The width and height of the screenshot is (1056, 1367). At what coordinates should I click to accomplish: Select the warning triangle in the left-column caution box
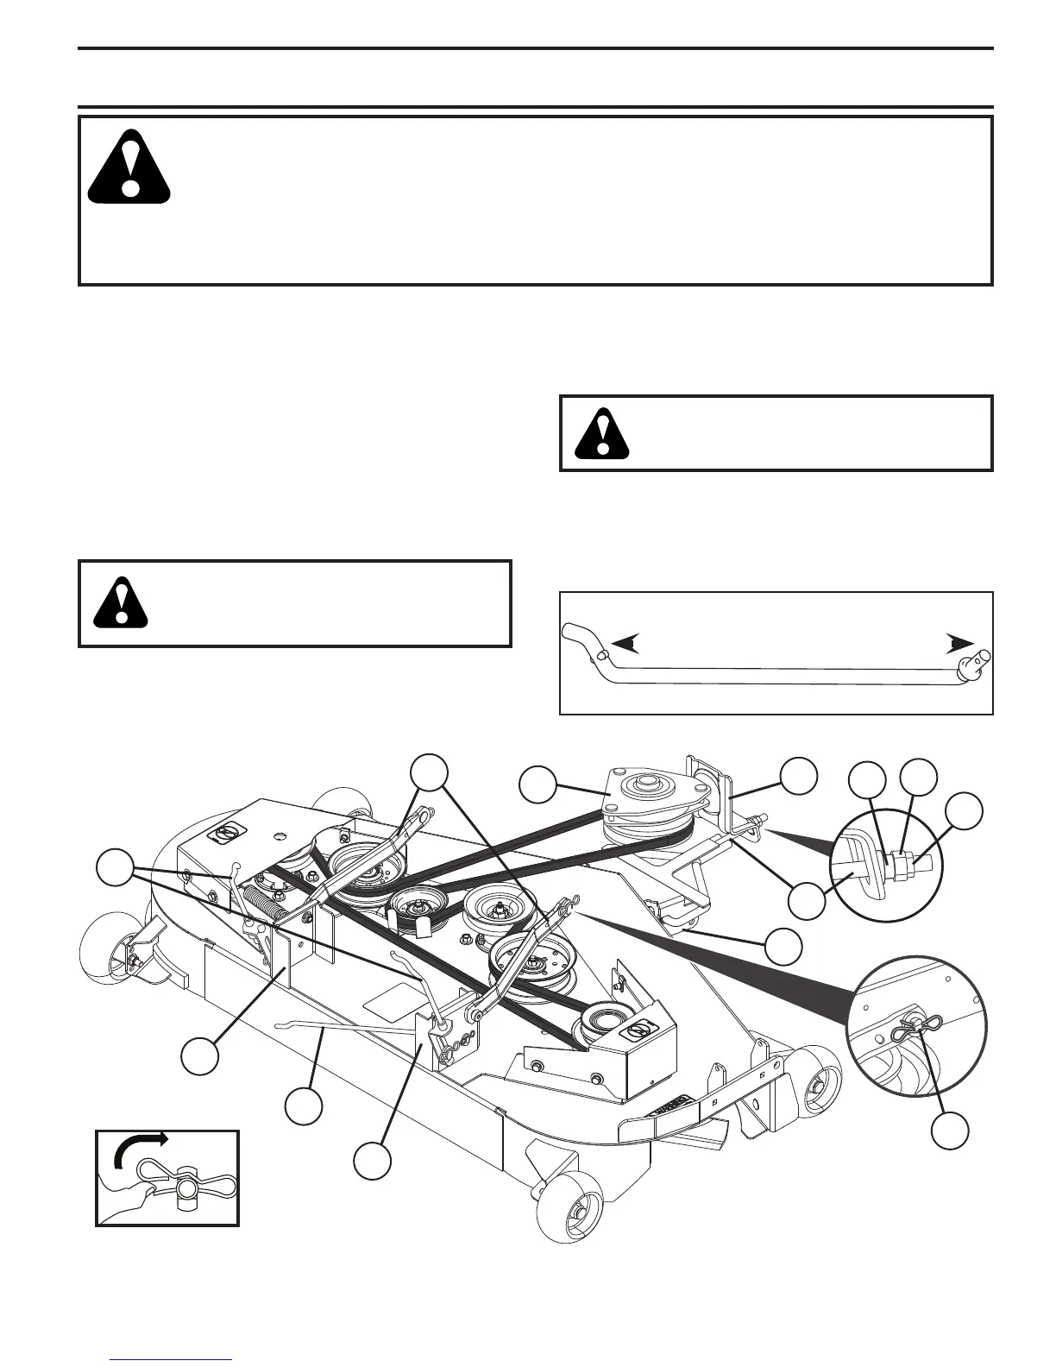(x=121, y=600)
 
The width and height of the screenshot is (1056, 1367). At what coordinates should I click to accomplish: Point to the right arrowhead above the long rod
(x=959, y=643)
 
